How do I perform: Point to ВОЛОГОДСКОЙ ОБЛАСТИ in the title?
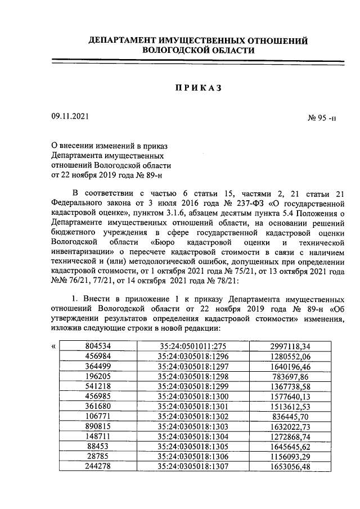199,51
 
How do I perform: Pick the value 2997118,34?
291,346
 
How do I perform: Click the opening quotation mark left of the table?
53,346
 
